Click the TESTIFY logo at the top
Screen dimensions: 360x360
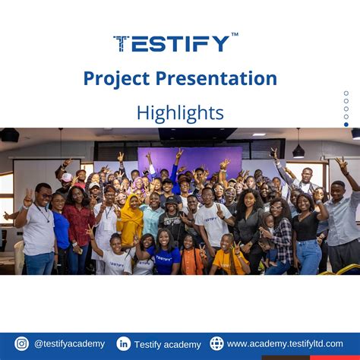[172, 43]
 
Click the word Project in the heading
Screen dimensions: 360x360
[116, 79]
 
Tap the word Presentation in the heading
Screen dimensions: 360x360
[216, 78]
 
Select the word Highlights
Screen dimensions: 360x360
[180, 112]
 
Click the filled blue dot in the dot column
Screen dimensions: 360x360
[346, 125]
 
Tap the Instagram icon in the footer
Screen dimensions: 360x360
[22, 343]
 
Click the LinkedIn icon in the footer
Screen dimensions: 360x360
[124, 344]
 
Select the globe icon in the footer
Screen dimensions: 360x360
[216, 343]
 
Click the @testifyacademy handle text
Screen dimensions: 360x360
[69, 344]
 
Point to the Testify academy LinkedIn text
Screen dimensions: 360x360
[168, 345]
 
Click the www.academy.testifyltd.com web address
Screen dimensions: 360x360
[285, 344]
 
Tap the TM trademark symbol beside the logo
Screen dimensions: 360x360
[235, 34]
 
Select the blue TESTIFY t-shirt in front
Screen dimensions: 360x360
[164, 261]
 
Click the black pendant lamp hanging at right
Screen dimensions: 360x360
[298, 151]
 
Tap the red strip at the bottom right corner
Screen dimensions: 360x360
[335, 358]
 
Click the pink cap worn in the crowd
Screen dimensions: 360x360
[66, 177]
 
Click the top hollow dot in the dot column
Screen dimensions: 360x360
[346, 93]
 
